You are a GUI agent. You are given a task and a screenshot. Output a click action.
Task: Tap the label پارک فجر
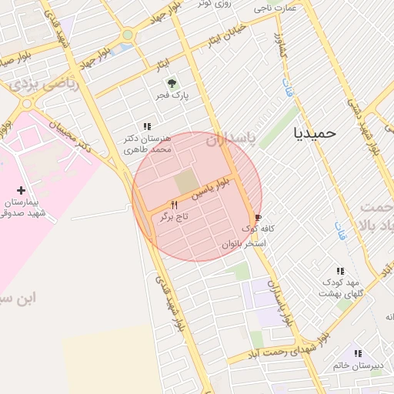pos(175,96)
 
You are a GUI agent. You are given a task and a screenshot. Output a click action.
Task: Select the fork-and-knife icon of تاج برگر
pos(174,205)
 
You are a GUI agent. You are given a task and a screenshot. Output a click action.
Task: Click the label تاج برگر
pos(174,218)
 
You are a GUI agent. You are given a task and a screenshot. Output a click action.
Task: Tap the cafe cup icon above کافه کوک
pos(257,218)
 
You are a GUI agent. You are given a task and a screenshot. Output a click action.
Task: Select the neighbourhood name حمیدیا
pos(315,132)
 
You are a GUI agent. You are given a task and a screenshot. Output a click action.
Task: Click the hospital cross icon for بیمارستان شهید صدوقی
pos(21,189)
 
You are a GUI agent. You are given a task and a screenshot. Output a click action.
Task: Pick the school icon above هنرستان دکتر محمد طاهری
pos(146,125)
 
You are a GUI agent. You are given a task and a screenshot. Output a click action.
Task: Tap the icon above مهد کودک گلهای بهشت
pos(339,271)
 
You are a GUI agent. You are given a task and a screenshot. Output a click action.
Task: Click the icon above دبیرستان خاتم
pos(356,353)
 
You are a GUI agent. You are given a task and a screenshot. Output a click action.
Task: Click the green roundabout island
pos(128,35)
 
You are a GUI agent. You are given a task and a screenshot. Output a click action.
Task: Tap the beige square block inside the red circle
pos(185,182)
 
